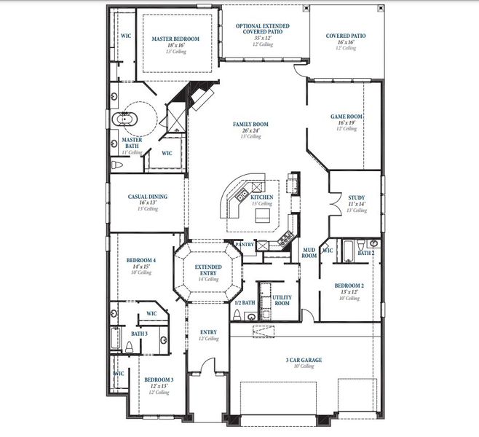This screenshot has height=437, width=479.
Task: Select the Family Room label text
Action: (250, 125)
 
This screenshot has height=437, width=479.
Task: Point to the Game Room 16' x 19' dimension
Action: (347, 123)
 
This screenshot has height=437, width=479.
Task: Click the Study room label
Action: (356, 197)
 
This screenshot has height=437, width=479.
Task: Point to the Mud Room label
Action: (309, 253)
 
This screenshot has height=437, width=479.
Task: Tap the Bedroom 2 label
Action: (348, 286)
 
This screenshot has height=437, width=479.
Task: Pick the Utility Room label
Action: (281, 300)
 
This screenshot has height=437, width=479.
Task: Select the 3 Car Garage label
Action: (305, 360)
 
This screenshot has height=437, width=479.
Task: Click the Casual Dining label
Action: (148, 197)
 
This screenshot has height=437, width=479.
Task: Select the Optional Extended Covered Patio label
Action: (262, 29)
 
